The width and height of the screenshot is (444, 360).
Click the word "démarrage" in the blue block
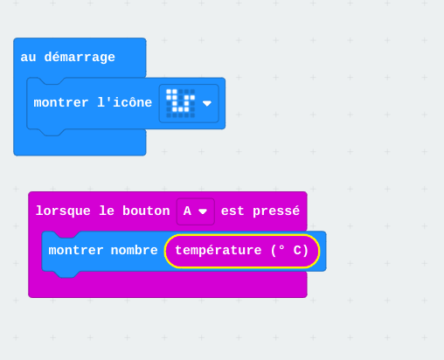point(80,57)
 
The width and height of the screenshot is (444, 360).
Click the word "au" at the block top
point(28,58)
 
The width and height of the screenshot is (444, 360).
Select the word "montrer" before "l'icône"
point(61,103)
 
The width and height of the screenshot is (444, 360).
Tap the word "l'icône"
point(125,102)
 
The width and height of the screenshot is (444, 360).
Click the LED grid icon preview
point(180,103)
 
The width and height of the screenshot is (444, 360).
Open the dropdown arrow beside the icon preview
point(207,103)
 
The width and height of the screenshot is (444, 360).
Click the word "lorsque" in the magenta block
point(63,211)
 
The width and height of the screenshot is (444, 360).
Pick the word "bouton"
point(146,211)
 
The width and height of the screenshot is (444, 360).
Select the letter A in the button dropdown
point(187,211)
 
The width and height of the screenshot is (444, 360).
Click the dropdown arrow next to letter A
point(203,211)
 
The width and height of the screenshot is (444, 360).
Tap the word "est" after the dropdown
point(232,211)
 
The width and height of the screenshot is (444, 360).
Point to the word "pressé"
point(276,211)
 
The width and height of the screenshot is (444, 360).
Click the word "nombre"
point(134,251)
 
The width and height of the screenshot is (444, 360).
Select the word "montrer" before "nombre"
point(76,251)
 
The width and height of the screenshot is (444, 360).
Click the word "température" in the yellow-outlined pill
point(219,251)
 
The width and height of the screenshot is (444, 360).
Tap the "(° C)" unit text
point(289,251)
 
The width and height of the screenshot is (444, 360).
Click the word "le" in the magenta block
point(107,211)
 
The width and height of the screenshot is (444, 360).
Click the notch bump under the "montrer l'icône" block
point(52,132)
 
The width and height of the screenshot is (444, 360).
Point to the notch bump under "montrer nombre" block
point(67,274)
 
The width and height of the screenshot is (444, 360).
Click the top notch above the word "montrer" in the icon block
point(52,81)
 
